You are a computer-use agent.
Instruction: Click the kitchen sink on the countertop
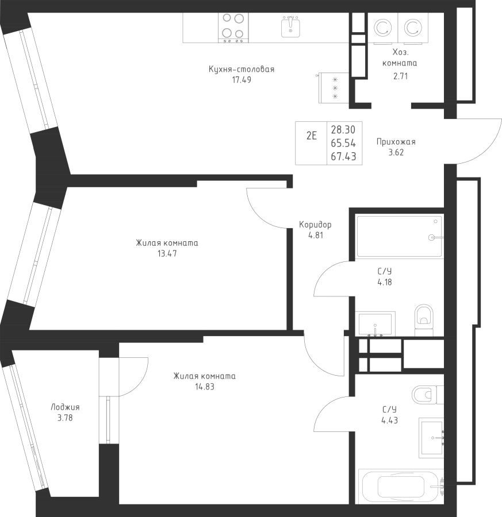(x=290, y=26)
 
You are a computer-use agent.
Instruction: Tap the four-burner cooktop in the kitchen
(x=233, y=28)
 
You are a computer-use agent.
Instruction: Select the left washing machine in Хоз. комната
(x=383, y=28)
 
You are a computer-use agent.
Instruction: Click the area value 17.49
(x=242, y=80)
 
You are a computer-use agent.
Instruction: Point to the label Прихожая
(x=396, y=142)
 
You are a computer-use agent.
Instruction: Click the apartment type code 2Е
(x=311, y=136)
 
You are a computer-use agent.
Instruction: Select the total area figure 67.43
(x=343, y=157)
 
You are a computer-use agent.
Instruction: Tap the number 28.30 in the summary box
(x=343, y=130)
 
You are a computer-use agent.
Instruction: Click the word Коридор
(x=315, y=225)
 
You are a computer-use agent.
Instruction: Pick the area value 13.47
(x=167, y=253)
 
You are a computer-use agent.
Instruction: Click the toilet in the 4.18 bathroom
(x=423, y=320)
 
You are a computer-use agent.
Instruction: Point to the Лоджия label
(x=65, y=407)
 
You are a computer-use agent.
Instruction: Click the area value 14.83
(x=205, y=387)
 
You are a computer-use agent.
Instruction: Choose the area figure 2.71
(x=400, y=76)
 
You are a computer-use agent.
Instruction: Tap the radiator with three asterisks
(x=334, y=88)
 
